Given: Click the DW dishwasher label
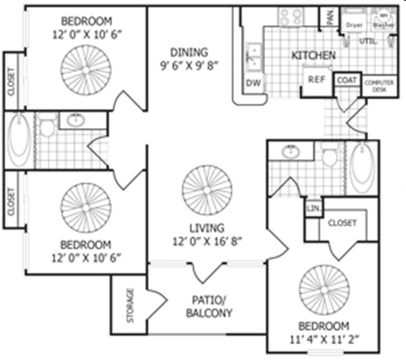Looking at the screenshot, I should coord(252,83).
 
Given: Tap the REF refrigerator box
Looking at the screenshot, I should coord(316,79).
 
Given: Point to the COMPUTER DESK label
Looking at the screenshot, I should coord(380,86).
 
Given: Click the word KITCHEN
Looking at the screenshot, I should coord(313,55).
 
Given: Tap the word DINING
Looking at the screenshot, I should coord(189,51).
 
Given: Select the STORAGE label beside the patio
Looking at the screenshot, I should coord(129,305).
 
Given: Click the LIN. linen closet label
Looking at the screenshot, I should coord(313,208).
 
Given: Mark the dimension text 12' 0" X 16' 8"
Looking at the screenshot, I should coord(207,240).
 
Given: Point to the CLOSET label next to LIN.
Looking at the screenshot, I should coord(342,223).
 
